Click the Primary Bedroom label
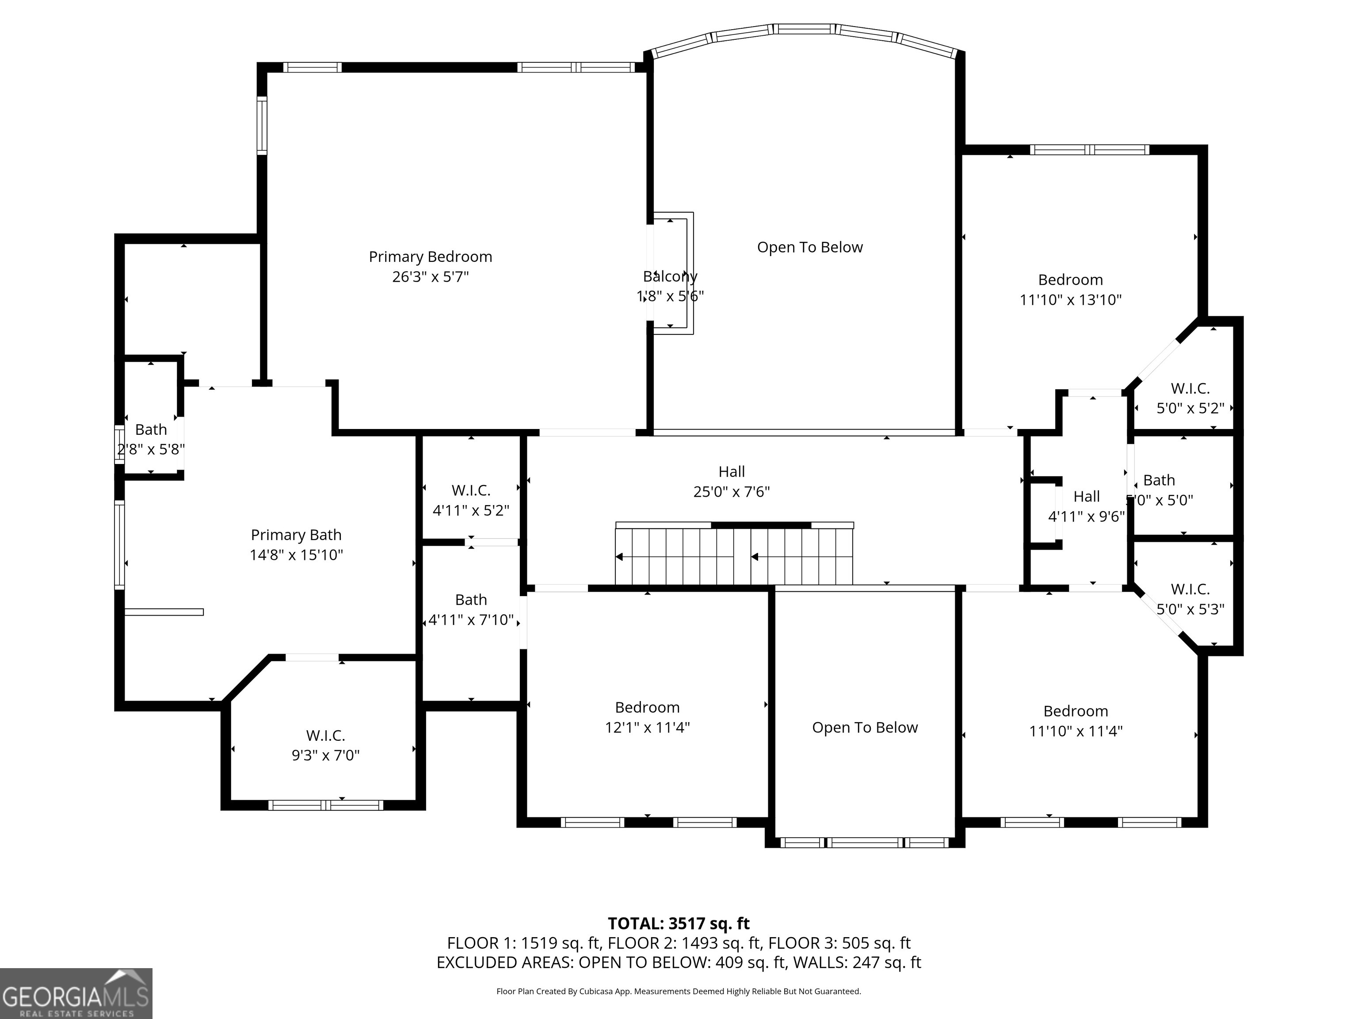pyautogui.click(x=431, y=257)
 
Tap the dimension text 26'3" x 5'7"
pyautogui.click(x=431, y=277)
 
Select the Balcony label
pyautogui.click(x=670, y=276)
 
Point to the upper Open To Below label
pyautogui.click(x=810, y=248)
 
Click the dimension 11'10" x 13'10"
pyautogui.click(x=1071, y=300)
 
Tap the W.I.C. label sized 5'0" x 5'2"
pyautogui.click(x=1190, y=389)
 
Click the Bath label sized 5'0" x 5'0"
pyautogui.click(x=1159, y=480)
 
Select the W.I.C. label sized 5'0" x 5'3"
pyautogui.click(x=1190, y=590)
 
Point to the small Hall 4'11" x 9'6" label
pyautogui.click(x=1087, y=496)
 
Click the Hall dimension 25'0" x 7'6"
pyautogui.click(x=731, y=492)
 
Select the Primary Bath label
pyautogui.click(x=296, y=535)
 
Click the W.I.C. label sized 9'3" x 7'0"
pyautogui.click(x=325, y=735)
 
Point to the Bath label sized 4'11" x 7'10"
pyautogui.click(x=471, y=599)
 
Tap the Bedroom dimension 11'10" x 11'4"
pyautogui.click(x=1076, y=732)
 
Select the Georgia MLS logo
pyautogui.click(x=76, y=993)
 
